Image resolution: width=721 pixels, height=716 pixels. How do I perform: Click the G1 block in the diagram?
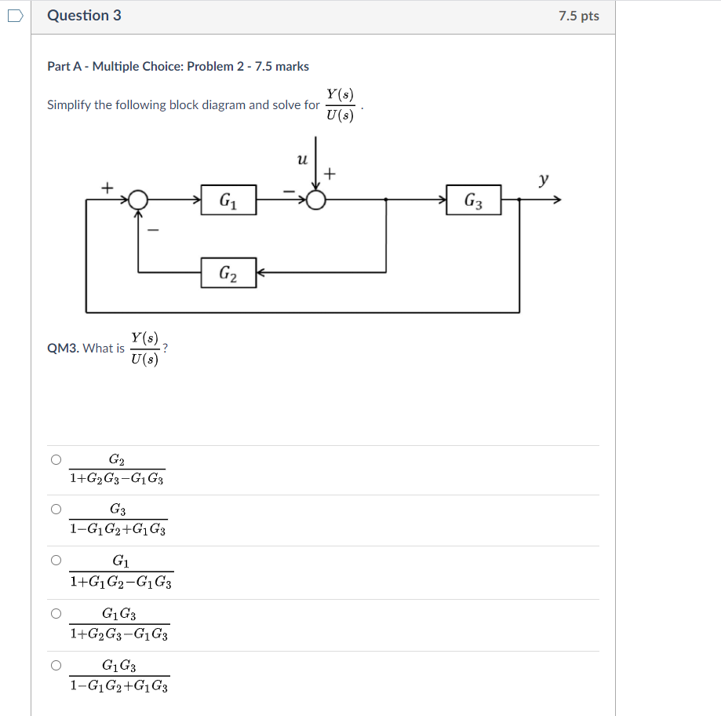pos(228,200)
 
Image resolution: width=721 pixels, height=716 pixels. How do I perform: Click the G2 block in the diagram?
pos(228,272)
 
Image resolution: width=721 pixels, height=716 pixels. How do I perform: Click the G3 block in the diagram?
pos(473,200)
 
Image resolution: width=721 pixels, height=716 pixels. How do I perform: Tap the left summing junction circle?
pos(138,200)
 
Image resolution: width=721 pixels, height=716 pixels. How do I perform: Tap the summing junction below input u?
pos(315,200)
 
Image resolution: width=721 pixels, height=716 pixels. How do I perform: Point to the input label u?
pos(302,160)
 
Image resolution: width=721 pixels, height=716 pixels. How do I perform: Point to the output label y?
pos(543,180)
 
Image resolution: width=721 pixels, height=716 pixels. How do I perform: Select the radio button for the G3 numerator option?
pos(56,510)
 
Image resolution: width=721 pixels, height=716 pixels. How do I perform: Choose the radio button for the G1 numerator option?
pos(56,561)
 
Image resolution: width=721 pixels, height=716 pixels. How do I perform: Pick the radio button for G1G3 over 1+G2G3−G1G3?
pos(56,613)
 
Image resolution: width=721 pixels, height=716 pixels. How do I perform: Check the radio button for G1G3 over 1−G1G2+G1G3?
pos(56,665)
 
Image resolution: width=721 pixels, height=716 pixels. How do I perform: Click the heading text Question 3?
pos(84,16)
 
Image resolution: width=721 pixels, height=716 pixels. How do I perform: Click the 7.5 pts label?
pos(578,16)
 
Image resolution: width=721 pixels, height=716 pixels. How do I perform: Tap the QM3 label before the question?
pos(63,349)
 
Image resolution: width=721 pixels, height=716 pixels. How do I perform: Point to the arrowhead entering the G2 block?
pos(262,272)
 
